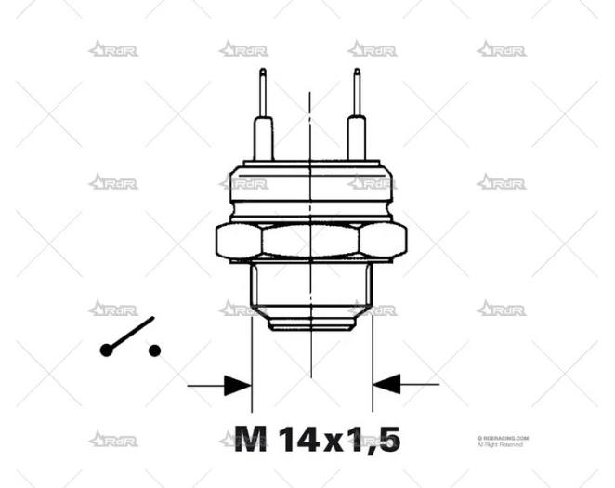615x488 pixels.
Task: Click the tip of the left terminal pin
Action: click(264, 73)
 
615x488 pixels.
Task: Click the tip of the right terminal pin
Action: click(356, 73)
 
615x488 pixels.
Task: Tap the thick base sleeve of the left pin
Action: click(264, 138)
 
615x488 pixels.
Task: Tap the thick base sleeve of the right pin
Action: click(356, 138)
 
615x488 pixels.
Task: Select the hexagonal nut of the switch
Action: click(309, 242)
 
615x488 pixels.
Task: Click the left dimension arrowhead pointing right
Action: click(237, 383)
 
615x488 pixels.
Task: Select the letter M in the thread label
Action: click(251, 438)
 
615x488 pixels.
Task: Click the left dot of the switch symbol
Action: click(106, 350)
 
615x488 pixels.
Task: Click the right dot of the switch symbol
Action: click(154, 350)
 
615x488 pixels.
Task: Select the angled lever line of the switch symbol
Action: click(130, 335)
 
